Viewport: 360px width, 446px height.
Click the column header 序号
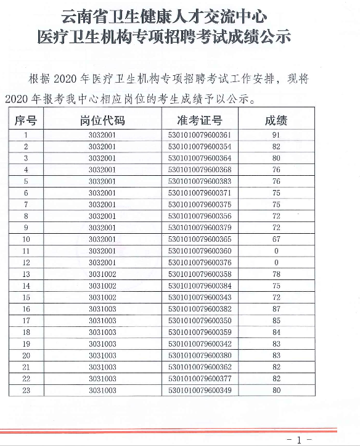click(26, 120)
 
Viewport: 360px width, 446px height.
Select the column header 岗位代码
click(102, 120)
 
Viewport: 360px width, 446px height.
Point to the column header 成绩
click(276, 120)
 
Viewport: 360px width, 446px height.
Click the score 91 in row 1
click(276, 135)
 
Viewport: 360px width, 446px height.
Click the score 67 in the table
click(276, 239)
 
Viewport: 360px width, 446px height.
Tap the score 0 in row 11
click(276, 250)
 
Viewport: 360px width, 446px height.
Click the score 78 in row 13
click(276, 273)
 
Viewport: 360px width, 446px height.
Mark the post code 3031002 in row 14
click(102, 285)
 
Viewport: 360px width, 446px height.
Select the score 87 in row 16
click(276, 308)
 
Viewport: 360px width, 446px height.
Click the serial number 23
click(26, 390)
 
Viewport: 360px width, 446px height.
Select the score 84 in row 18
click(276, 331)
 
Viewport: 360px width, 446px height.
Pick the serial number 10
click(26, 239)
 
